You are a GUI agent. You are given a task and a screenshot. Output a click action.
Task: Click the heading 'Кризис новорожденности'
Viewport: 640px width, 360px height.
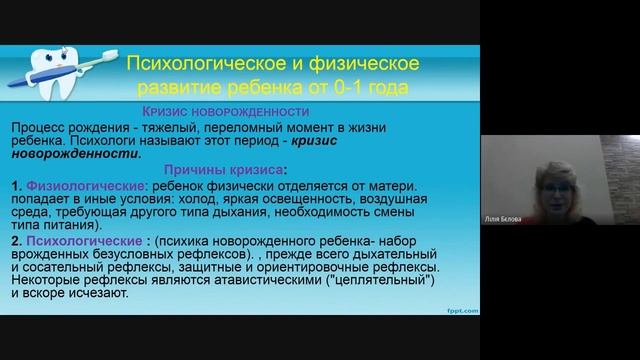coord(225,111)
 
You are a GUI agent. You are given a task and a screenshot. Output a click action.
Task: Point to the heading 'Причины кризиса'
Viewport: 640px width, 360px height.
coord(229,170)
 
